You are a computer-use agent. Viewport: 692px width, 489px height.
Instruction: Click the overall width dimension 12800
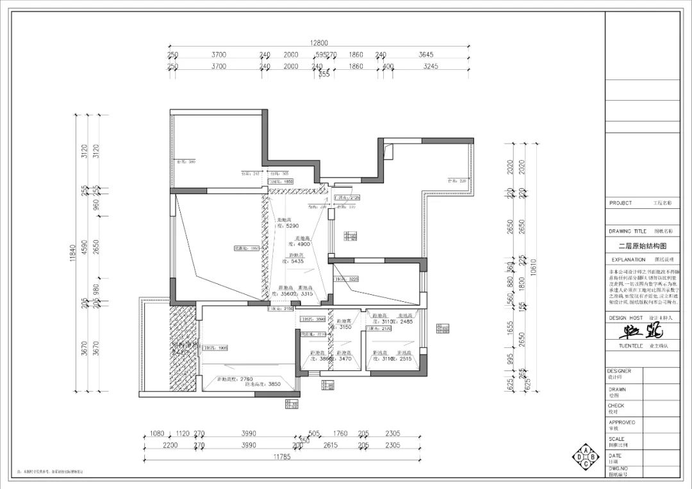pyautogui.click(x=320, y=43)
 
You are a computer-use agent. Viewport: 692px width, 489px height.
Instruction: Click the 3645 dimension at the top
pyautogui.click(x=426, y=55)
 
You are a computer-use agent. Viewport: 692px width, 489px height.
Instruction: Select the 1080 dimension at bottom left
pyautogui.click(x=156, y=434)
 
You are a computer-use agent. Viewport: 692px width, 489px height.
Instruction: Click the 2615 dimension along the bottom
pyautogui.click(x=331, y=445)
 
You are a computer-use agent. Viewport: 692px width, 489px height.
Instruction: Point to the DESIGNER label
pyautogui.click(x=620, y=371)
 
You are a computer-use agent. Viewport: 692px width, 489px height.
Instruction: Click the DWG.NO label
pyautogui.click(x=620, y=469)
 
